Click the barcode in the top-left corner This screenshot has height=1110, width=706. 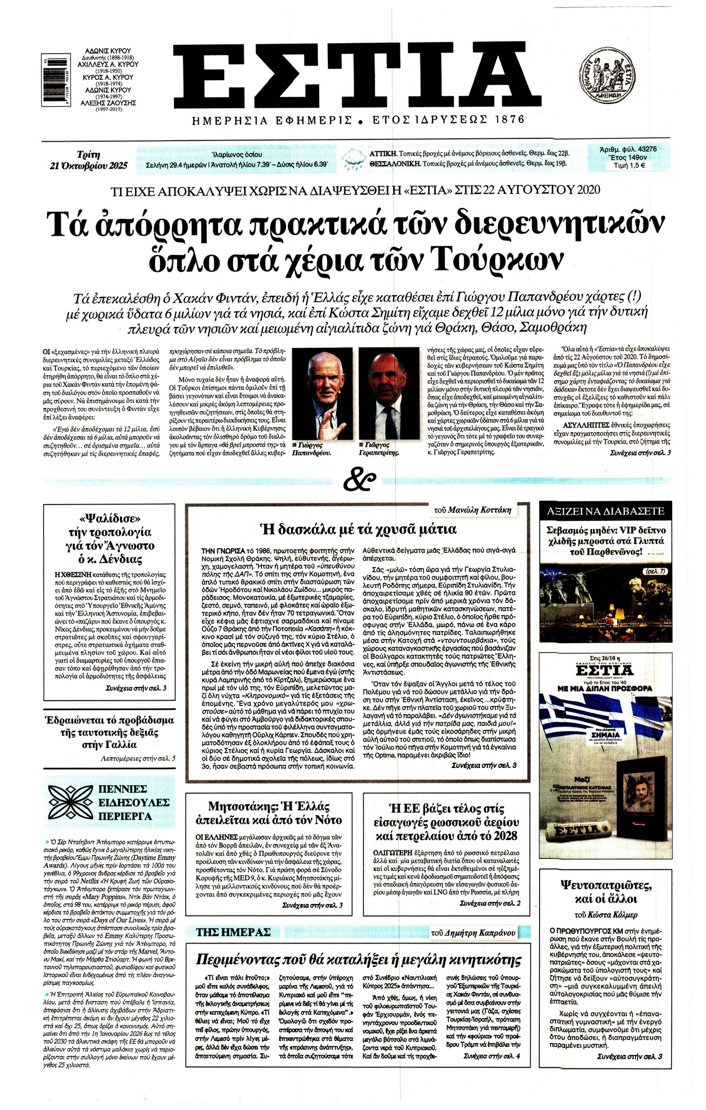(x=53, y=81)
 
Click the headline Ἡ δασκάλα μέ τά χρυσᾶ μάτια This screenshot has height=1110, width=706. (x=357, y=529)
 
